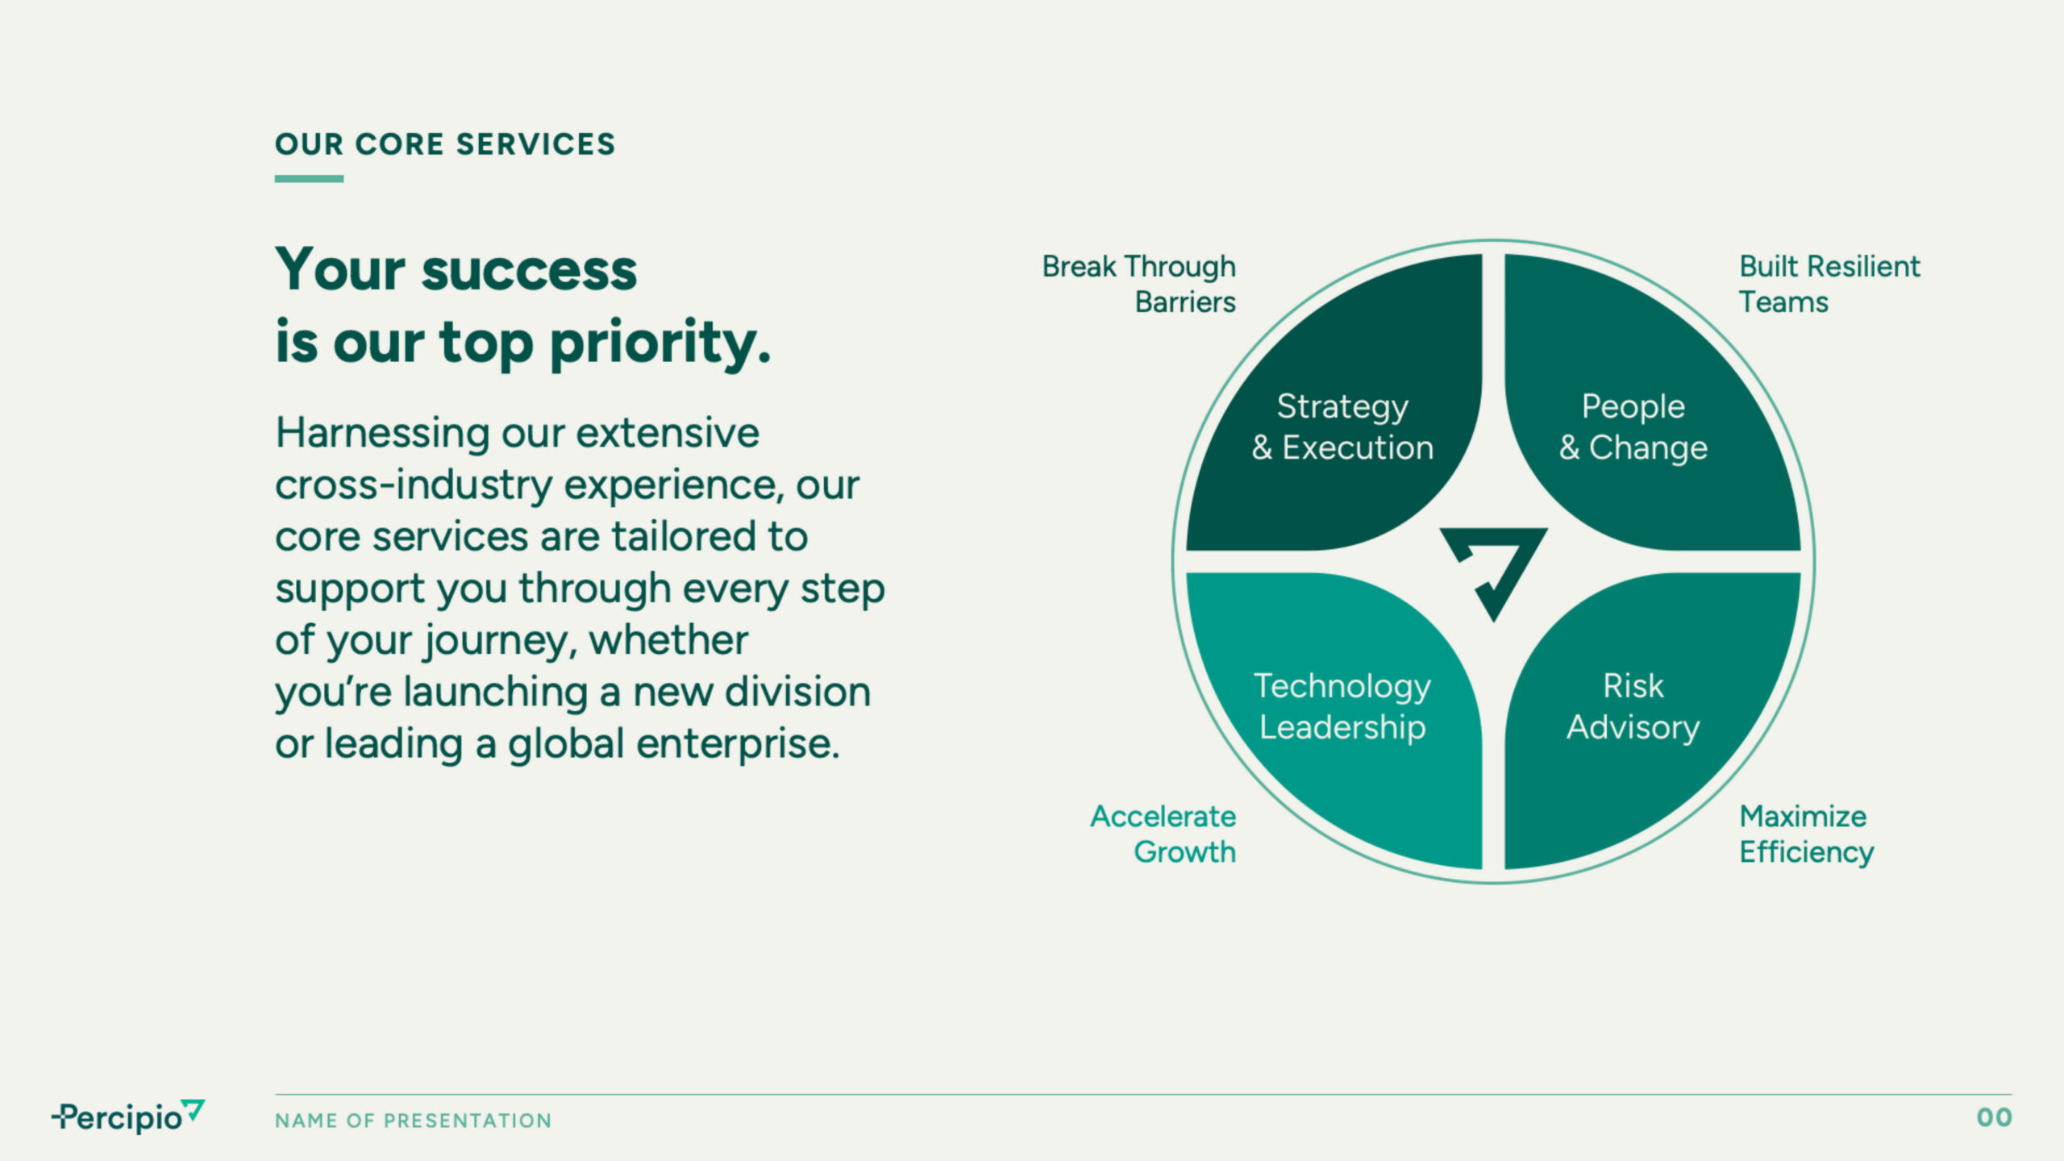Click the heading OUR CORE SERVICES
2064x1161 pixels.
[x=445, y=144]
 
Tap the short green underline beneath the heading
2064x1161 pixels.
[x=309, y=179]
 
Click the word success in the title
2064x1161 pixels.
[x=529, y=270]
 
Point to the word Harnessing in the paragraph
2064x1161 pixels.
[x=382, y=435]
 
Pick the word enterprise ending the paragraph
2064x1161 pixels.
[x=738, y=745]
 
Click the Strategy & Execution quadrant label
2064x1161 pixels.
[x=1342, y=427]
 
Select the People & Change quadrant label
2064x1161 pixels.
[x=1633, y=427]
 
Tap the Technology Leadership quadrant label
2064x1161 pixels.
[x=1342, y=707]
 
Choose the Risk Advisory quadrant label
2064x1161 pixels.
[x=1633, y=707]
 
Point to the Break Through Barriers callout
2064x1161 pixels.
[x=1138, y=284]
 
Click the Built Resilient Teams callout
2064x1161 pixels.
[x=1829, y=284]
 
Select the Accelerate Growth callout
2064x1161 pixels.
[x=1163, y=834]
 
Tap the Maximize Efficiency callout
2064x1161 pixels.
[x=1806, y=834]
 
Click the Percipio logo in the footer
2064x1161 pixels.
[x=128, y=1117]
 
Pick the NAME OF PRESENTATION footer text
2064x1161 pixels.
[x=413, y=1121]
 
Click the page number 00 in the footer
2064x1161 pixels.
[x=1994, y=1117]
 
